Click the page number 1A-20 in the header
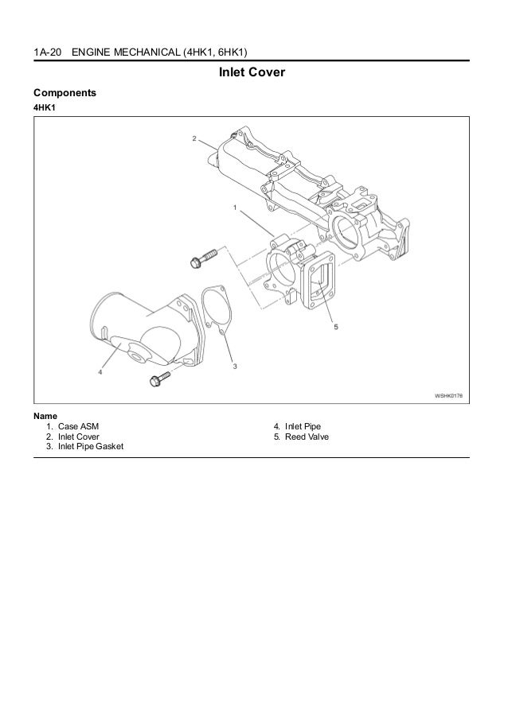tap(47, 53)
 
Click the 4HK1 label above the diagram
tap(45, 107)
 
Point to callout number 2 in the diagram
tap(194, 138)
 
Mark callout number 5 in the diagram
tap(336, 326)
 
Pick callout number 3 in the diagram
tap(235, 366)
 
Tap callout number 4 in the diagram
tap(100, 371)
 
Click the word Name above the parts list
tap(45, 415)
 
